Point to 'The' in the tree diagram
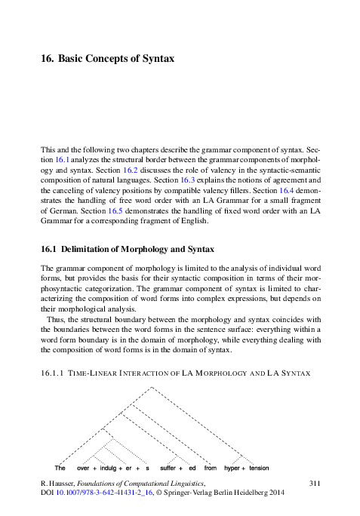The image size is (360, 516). tap(60, 468)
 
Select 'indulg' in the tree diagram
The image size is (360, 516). tap(109, 468)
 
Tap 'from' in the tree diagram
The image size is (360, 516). tap(210, 468)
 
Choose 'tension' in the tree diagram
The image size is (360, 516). tap(259, 468)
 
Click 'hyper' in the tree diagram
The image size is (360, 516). tap(232, 468)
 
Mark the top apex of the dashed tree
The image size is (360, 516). tap(152, 386)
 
